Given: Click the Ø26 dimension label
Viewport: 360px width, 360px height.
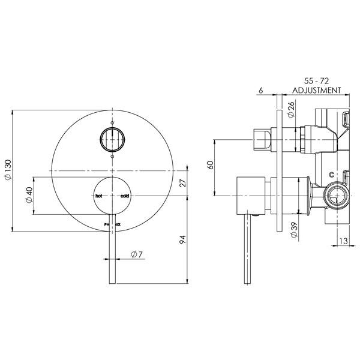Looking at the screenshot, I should [x=291, y=110].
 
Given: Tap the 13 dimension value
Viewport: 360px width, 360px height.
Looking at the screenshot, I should [x=343, y=241].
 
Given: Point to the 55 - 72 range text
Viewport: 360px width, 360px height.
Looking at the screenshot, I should [x=316, y=80].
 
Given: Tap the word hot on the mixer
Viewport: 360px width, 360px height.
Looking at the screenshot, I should [x=98, y=196].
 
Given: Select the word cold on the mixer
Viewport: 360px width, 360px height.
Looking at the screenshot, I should [x=125, y=196].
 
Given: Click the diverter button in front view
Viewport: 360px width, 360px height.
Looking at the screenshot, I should [x=112, y=140].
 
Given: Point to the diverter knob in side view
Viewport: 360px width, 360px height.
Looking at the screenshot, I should [x=262, y=140].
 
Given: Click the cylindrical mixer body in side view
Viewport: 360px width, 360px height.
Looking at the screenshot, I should [x=253, y=196].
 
